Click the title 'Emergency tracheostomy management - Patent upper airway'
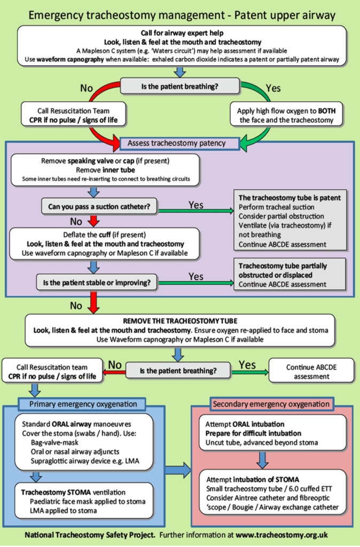pos(180,14)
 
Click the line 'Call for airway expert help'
pos(179,33)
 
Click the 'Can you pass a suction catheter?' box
pos(97,205)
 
